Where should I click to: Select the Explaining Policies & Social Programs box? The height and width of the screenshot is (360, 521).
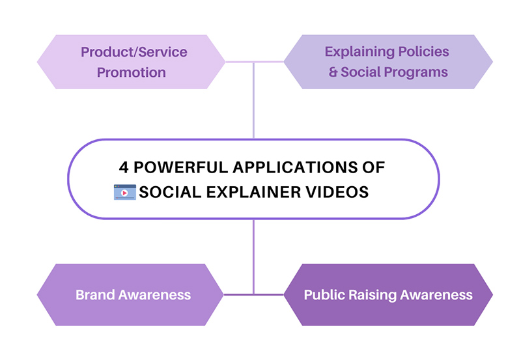pyautogui.click(x=388, y=62)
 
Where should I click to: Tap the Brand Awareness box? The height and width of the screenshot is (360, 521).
pyautogui.click(x=133, y=294)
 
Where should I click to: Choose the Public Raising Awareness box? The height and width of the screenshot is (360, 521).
pyautogui.click(x=388, y=294)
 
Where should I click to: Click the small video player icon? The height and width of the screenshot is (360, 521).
pyautogui.click(x=124, y=192)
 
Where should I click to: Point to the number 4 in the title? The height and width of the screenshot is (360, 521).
pyautogui.click(x=123, y=167)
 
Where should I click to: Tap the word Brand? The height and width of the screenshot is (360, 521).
pyautogui.click(x=96, y=294)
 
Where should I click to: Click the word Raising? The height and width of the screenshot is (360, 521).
pyautogui.click(x=373, y=294)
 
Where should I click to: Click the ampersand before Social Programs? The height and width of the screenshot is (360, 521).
pyautogui.click(x=333, y=72)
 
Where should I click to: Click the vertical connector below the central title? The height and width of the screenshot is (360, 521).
pyautogui.click(x=253, y=254)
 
